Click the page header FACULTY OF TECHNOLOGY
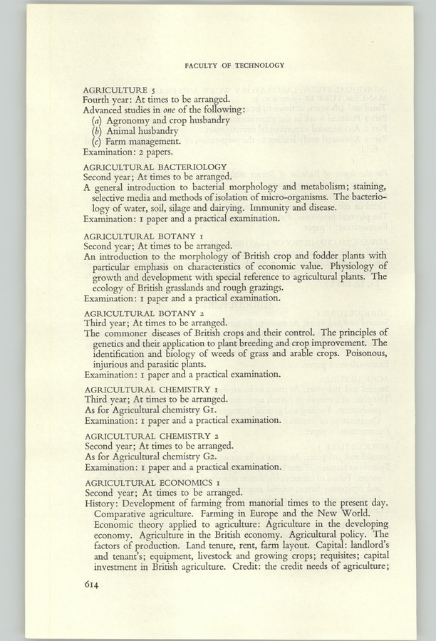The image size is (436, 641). [x=234, y=65]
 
